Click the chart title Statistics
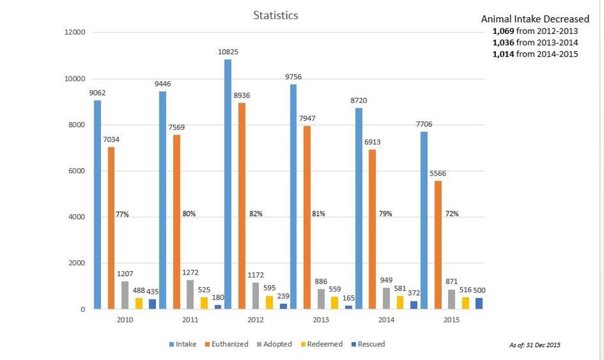275,15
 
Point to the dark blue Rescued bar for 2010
152,304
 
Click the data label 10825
228,52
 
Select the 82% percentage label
256,214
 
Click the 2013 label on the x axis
321,320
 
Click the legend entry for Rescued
367,344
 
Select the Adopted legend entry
274,344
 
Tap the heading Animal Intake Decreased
535,19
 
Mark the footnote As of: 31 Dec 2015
534,345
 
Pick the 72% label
452,214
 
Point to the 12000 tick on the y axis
75,33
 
